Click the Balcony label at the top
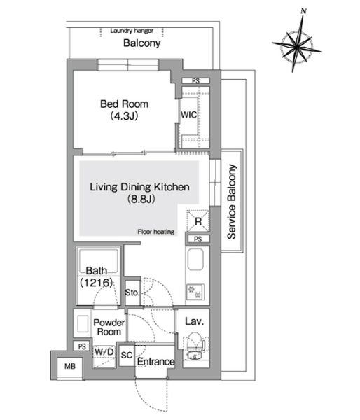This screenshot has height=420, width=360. (142, 43)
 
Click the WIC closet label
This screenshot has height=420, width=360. (189, 113)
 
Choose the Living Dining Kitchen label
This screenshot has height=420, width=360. (140, 187)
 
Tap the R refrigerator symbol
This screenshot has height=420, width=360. (198, 222)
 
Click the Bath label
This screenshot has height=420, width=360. (95, 271)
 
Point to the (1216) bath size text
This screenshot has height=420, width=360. (95, 283)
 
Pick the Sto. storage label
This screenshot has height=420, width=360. (131, 291)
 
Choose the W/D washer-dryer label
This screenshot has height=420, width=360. (104, 351)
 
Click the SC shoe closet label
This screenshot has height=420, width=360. (127, 355)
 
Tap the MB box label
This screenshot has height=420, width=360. (69, 365)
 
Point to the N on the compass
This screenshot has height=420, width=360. (303, 10)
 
